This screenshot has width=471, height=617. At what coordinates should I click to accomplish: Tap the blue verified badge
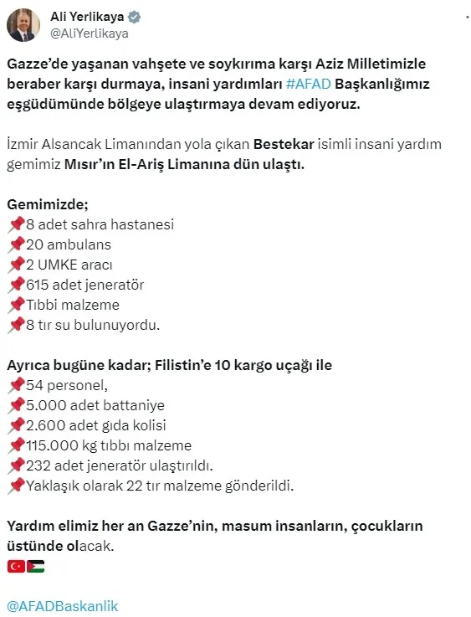click(133, 16)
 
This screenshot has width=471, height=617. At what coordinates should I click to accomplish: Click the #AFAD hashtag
click(308, 85)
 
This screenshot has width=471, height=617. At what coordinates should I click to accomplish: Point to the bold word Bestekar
click(285, 144)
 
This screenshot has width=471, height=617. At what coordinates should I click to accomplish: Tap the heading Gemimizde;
click(46, 203)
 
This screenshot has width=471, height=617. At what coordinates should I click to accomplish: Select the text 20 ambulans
click(68, 244)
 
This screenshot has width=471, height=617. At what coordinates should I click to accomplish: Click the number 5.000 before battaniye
click(44, 405)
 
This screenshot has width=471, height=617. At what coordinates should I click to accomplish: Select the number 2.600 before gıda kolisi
click(44, 425)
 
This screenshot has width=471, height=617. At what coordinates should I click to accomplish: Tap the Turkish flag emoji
click(16, 566)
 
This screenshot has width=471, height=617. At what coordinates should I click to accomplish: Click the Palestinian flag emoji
click(35, 566)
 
